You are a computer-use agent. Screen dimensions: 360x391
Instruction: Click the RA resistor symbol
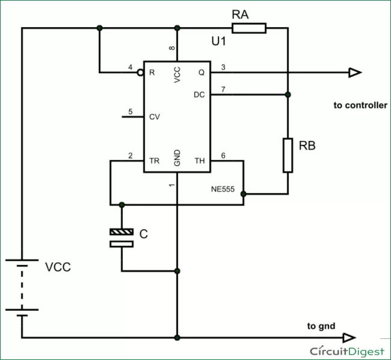click(248, 28)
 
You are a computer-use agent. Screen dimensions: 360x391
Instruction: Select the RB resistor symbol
click(288, 155)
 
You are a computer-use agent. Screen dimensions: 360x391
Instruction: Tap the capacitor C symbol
click(122, 238)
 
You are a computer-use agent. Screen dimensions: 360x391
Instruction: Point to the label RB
click(307, 145)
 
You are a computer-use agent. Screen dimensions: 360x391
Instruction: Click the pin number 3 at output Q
click(223, 67)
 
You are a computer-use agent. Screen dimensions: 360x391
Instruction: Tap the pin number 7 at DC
click(223, 89)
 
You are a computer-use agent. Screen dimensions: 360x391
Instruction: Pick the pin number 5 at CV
click(130, 111)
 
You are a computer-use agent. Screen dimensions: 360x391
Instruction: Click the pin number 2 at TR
click(130, 156)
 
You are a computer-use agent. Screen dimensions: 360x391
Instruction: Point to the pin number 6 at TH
click(223, 156)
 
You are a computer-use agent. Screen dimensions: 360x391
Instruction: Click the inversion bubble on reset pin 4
click(140, 73)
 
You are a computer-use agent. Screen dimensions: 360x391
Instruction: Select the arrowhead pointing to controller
click(354, 73)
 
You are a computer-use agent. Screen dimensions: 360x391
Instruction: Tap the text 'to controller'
click(360, 105)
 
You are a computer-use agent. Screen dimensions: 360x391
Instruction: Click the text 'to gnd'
click(321, 326)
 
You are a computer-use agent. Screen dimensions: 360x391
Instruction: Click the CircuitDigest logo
click(347, 350)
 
